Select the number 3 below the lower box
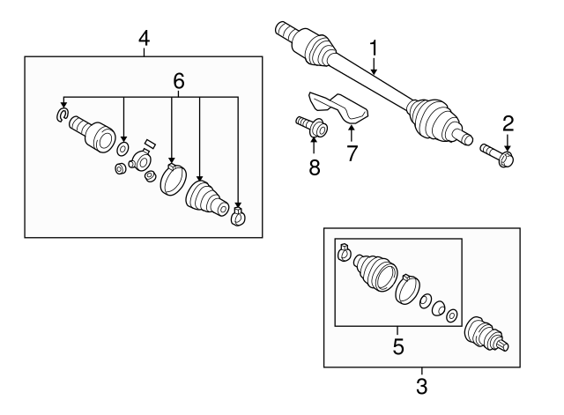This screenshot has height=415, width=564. tap(420, 385)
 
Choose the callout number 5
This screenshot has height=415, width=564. tap(398, 346)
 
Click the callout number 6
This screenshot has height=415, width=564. tap(178, 79)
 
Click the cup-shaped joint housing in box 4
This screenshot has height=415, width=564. tap(92, 132)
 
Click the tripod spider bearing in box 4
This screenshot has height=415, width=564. tap(139, 161)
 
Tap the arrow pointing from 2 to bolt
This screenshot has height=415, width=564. tap(507, 140)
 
